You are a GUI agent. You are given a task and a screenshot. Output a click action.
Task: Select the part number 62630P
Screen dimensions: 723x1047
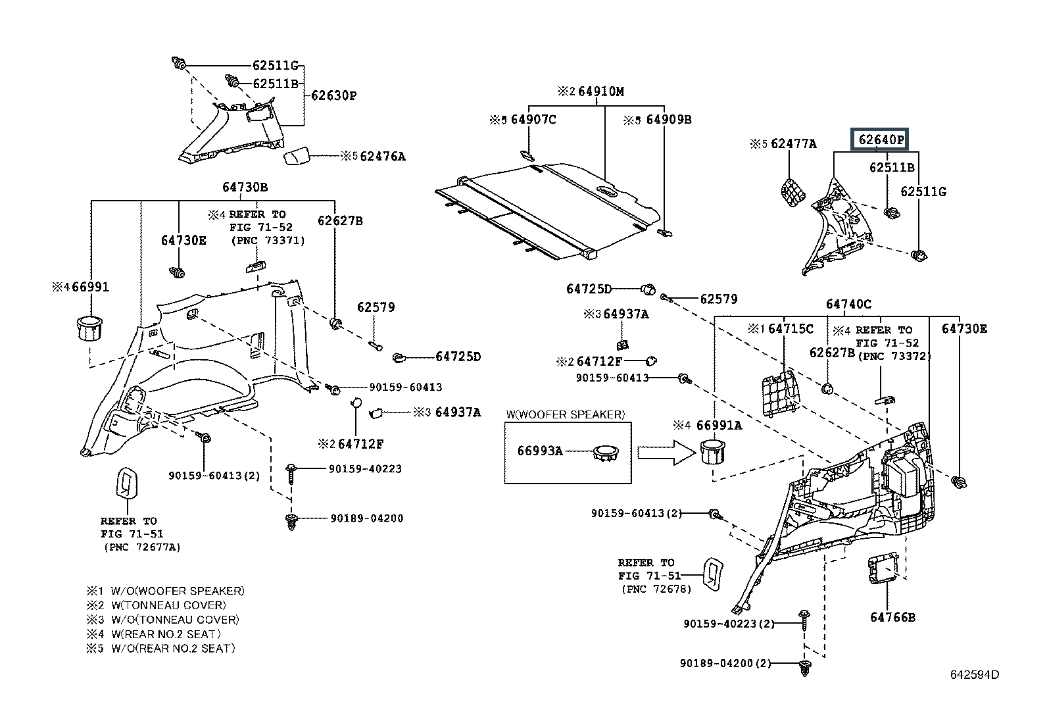point(333,95)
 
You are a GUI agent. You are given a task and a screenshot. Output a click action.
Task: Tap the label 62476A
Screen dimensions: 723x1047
point(383,157)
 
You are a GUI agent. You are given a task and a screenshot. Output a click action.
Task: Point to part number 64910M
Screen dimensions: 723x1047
point(600,91)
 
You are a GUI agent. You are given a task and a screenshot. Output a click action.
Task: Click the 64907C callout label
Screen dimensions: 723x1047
point(533,120)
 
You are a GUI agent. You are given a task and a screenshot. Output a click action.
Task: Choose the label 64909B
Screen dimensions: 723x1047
point(668,120)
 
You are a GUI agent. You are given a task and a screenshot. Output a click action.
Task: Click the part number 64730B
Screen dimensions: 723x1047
point(245,187)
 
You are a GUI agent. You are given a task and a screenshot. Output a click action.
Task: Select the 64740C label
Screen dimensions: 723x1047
point(848,304)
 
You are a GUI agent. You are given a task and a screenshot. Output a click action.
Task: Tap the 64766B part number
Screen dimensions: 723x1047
point(892,617)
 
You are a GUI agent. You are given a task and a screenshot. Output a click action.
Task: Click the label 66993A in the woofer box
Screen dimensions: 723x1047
point(541,451)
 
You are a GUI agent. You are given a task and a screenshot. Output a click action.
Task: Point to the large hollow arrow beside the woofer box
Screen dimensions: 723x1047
point(666,453)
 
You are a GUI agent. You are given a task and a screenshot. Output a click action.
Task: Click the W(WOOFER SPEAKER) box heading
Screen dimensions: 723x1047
point(565,414)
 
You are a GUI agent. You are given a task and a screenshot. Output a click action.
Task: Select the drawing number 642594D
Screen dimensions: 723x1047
point(974,675)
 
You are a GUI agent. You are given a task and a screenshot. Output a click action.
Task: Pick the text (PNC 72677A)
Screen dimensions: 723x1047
point(141,547)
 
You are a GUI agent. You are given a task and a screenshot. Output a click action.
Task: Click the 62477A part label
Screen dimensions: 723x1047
point(793,143)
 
